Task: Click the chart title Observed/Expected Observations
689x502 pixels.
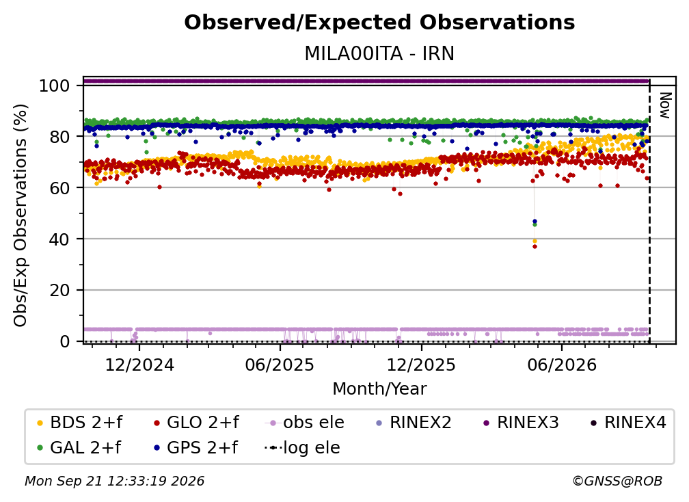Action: pyautogui.click(x=379, y=23)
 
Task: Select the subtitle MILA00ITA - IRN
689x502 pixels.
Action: pyautogui.click(x=379, y=53)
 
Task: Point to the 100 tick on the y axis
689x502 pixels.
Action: pyautogui.click(x=54, y=85)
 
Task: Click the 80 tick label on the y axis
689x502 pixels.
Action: pyautogui.click(x=59, y=137)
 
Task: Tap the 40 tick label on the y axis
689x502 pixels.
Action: pyautogui.click(x=59, y=239)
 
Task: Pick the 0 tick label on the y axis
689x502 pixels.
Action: pyautogui.click(x=64, y=341)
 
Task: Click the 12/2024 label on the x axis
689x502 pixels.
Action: pyautogui.click(x=139, y=365)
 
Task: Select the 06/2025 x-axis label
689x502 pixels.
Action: pyautogui.click(x=280, y=365)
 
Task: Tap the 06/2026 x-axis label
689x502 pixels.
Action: pyautogui.click(x=562, y=365)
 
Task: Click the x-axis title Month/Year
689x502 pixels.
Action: pyautogui.click(x=379, y=389)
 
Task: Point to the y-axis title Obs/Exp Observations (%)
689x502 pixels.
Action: pyautogui.click(x=21, y=215)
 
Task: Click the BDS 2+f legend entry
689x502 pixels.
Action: pyautogui.click(x=79, y=423)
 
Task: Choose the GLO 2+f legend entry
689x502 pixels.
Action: pyautogui.click(x=196, y=423)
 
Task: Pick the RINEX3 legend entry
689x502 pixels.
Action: pyautogui.click(x=521, y=423)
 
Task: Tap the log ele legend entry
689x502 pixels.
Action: pyautogui.click(x=302, y=448)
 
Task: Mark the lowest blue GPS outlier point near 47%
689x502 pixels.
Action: pyautogui.click(x=535, y=221)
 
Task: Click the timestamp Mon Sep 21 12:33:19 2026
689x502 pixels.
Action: pyautogui.click(x=115, y=481)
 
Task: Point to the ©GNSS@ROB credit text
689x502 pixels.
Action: pyautogui.click(x=617, y=481)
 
